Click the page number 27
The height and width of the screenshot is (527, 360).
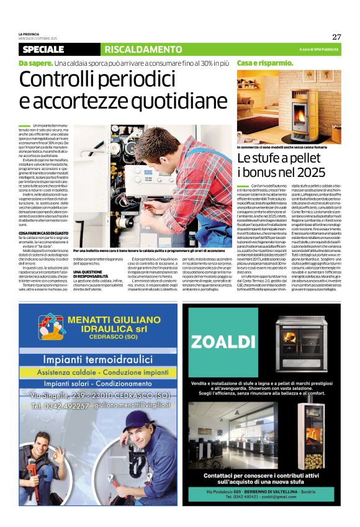pyautogui.click(x=336, y=37)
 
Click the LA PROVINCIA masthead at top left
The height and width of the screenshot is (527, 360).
pyautogui.click(x=29, y=34)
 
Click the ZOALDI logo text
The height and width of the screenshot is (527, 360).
pyautogui.click(x=221, y=341)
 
